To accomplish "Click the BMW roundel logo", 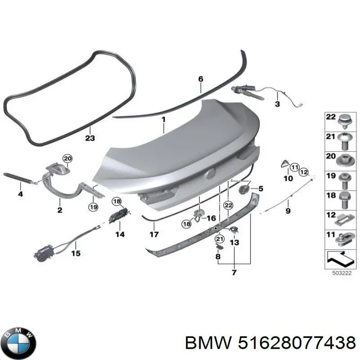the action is [x=20, y=343].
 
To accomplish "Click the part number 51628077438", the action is [x=297, y=343].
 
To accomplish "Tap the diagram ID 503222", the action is [x=342, y=273].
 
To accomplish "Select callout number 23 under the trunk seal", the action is [x=90, y=138].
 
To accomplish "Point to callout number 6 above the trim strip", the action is [x=201, y=79].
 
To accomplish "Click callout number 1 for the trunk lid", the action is [x=163, y=120].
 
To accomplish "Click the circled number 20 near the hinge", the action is [x=67, y=158].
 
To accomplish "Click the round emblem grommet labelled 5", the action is [x=244, y=189].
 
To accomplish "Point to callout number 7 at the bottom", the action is [x=234, y=273].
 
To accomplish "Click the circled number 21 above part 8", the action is [x=220, y=239].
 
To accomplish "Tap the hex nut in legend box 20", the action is [x=344, y=161].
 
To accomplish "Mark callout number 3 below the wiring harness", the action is [x=277, y=104].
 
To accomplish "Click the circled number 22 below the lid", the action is [x=228, y=205].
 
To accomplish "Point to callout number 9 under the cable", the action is [x=288, y=210].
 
